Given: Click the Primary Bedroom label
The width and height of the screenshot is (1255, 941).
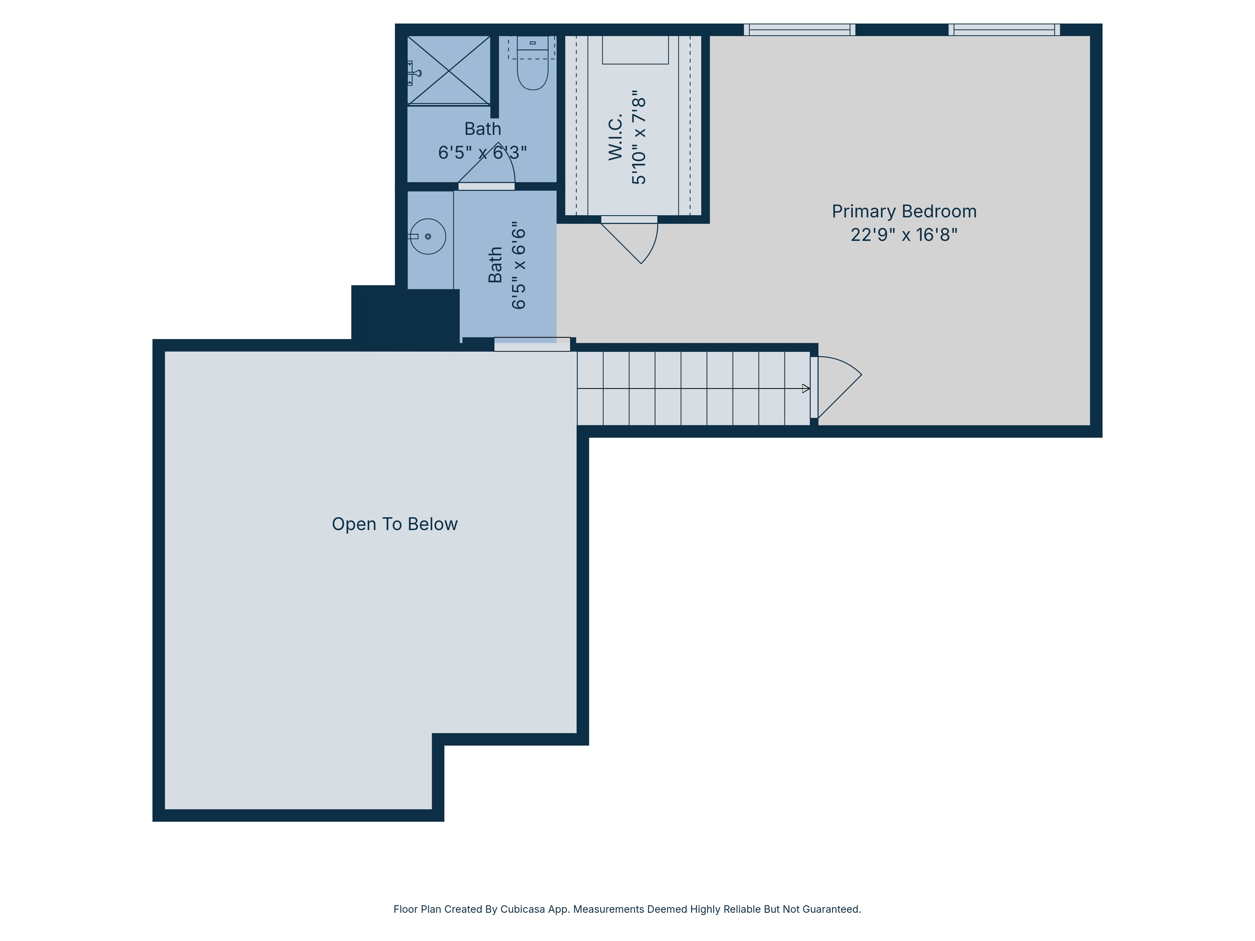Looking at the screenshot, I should click(x=904, y=212).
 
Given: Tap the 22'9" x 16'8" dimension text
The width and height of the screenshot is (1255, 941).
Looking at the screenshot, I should click(x=904, y=235).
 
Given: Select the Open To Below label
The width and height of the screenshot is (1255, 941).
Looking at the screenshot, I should click(x=394, y=524).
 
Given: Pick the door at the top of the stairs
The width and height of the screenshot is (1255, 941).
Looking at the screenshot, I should click(x=837, y=386).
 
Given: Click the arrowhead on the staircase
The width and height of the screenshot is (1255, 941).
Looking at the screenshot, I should click(x=806, y=389).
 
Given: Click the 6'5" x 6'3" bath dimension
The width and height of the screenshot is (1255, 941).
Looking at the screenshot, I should click(x=482, y=152).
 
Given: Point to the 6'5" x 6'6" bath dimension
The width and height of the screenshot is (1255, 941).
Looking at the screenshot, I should click(x=519, y=265).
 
